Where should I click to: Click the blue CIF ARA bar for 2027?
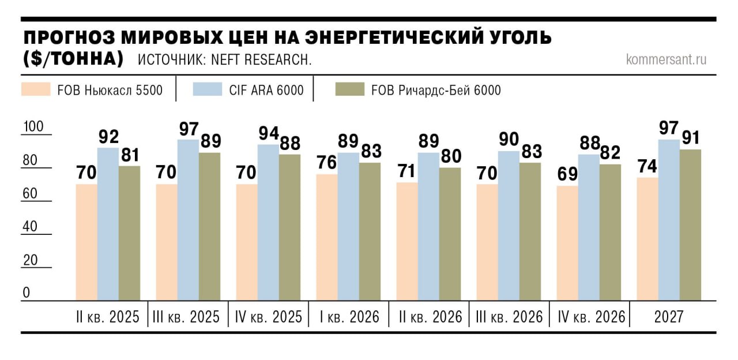point(669,220)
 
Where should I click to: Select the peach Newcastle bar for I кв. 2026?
point(327,237)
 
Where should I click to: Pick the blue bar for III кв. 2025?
point(189,220)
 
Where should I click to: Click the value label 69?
point(567,175)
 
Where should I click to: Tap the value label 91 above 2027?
point(691,137)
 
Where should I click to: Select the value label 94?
point(269,133)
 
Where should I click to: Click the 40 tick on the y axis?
point(30,226)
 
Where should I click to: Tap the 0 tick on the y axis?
point(27,293)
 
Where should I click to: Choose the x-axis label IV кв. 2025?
point(269,317)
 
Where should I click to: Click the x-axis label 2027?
point(669,317)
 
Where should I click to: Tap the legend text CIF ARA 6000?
point(266,90)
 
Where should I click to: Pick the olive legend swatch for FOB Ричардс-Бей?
point(349,89)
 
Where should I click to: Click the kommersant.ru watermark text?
point(666,59)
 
